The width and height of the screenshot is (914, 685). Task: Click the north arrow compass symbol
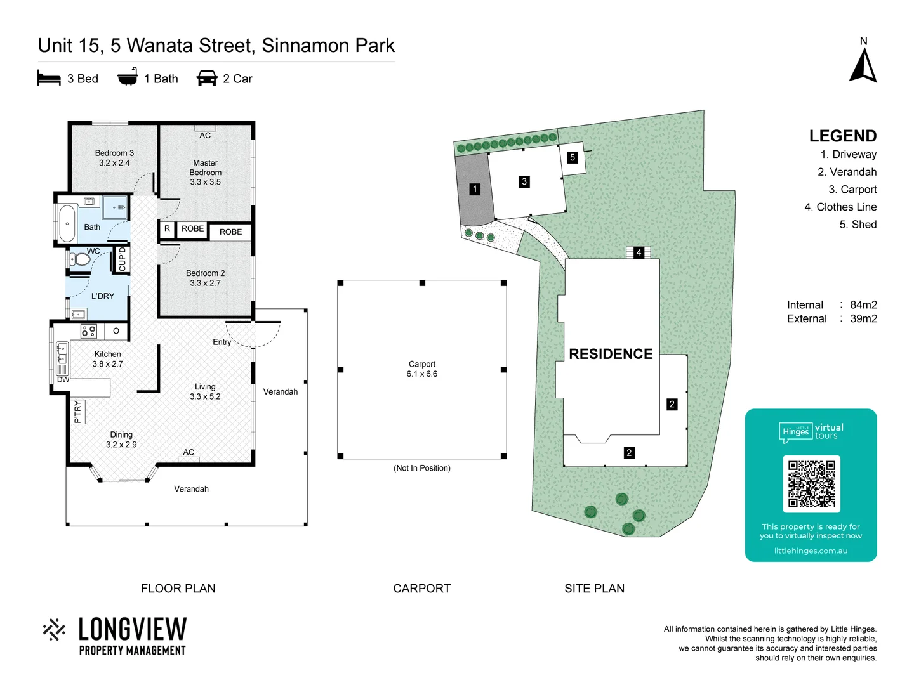(x=863, y=65)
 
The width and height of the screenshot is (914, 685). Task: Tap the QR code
(x=811, y=484)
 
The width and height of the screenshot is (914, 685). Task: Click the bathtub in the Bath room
(x=66, y=223)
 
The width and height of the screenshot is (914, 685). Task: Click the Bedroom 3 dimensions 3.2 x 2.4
(x=114, y=163)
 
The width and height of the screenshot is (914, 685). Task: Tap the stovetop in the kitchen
(x=89, y=330)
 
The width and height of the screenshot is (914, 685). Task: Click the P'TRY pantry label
(x=77, y=412)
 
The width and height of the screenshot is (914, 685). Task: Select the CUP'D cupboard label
(x=123, y=259)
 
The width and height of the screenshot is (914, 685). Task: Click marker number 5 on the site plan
(x=573, y=157)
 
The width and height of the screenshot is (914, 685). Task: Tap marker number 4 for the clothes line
(x=639, y=252)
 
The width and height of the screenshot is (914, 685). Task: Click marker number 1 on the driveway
(x=475, y=189)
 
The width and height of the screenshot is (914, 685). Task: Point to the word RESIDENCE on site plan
(x=611, y=354)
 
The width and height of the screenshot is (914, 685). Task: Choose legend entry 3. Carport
(x=852, y=190)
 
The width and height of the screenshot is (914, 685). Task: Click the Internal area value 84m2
(x=863, y=305)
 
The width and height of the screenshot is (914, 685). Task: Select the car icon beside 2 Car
(x=207, y=79)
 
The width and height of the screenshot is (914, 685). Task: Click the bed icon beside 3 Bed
(x=49, y=79)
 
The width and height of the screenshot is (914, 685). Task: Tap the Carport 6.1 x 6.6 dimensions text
(x=422, y=374)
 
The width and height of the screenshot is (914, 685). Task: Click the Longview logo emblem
(x=54, y=630)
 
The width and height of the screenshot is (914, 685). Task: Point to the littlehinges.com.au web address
(x=811, y=551)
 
